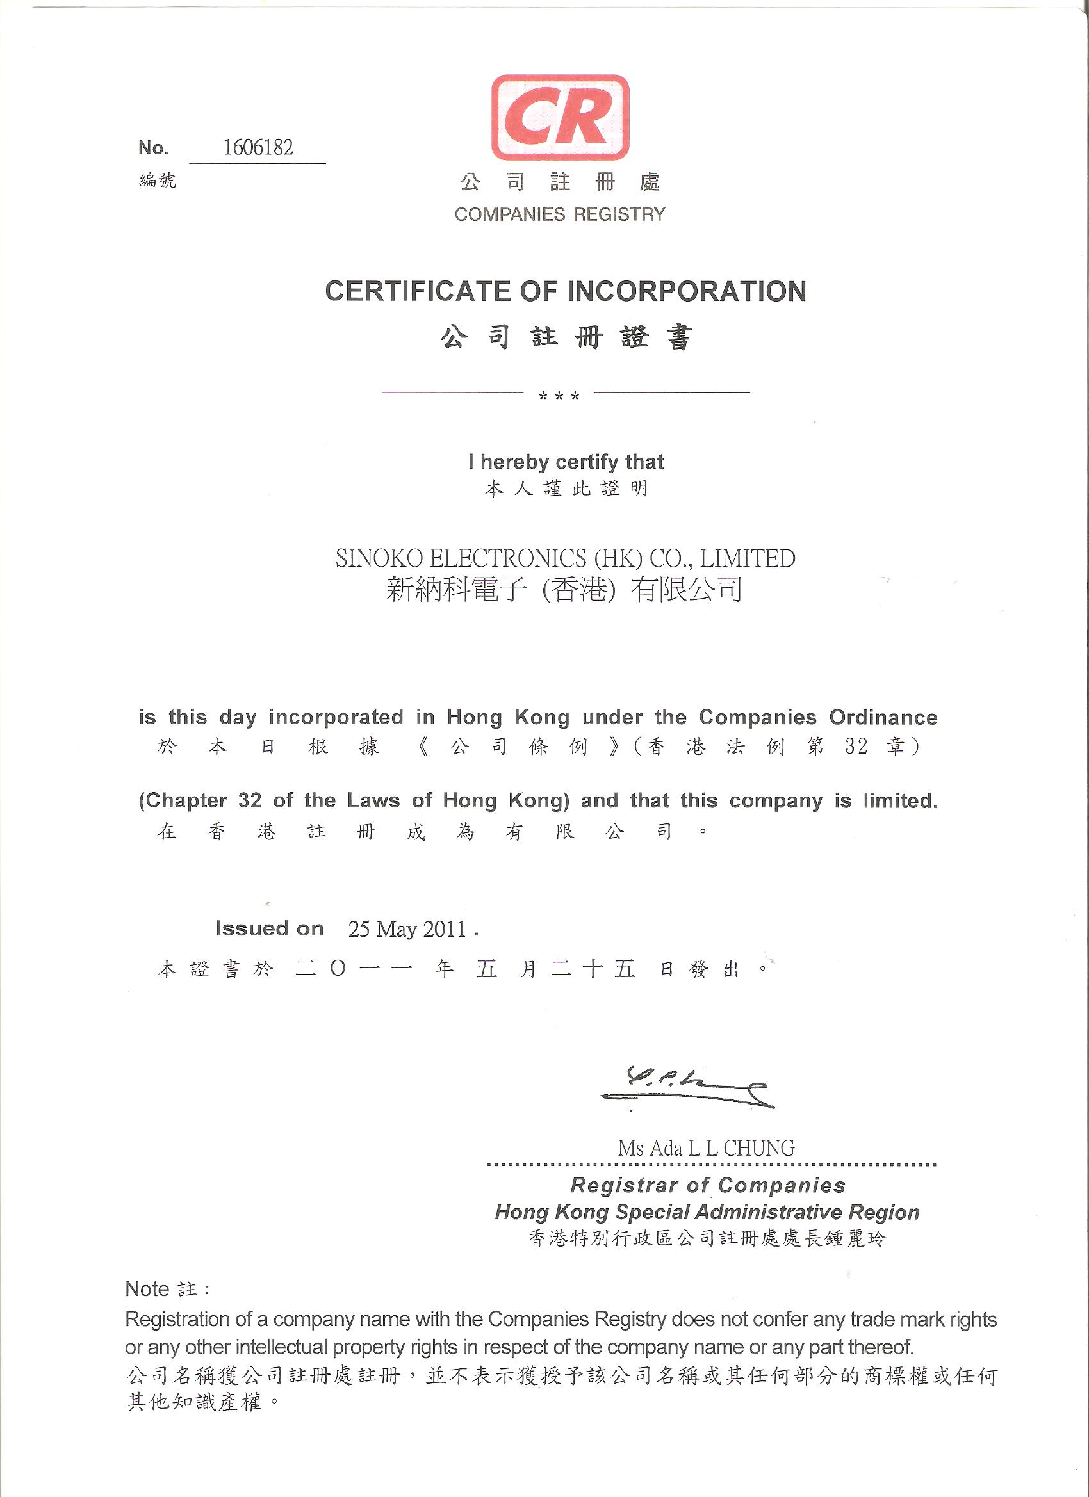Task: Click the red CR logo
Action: [560, 117]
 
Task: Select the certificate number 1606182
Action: [258, 147]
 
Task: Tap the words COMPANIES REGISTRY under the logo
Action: [559, 214]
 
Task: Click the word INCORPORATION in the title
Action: [687, 291]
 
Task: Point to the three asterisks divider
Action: [559, 397]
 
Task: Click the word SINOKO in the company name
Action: [379, 558]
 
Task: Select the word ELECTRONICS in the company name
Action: [508, 558]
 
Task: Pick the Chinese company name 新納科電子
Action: [456, 590]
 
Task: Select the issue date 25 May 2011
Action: [407, 929]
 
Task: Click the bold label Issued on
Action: [270, 928]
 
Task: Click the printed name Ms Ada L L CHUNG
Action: [706, 1148]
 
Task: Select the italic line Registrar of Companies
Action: [707, 1185]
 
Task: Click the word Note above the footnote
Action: [147, 1289]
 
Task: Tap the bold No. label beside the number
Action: [153, 148]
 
